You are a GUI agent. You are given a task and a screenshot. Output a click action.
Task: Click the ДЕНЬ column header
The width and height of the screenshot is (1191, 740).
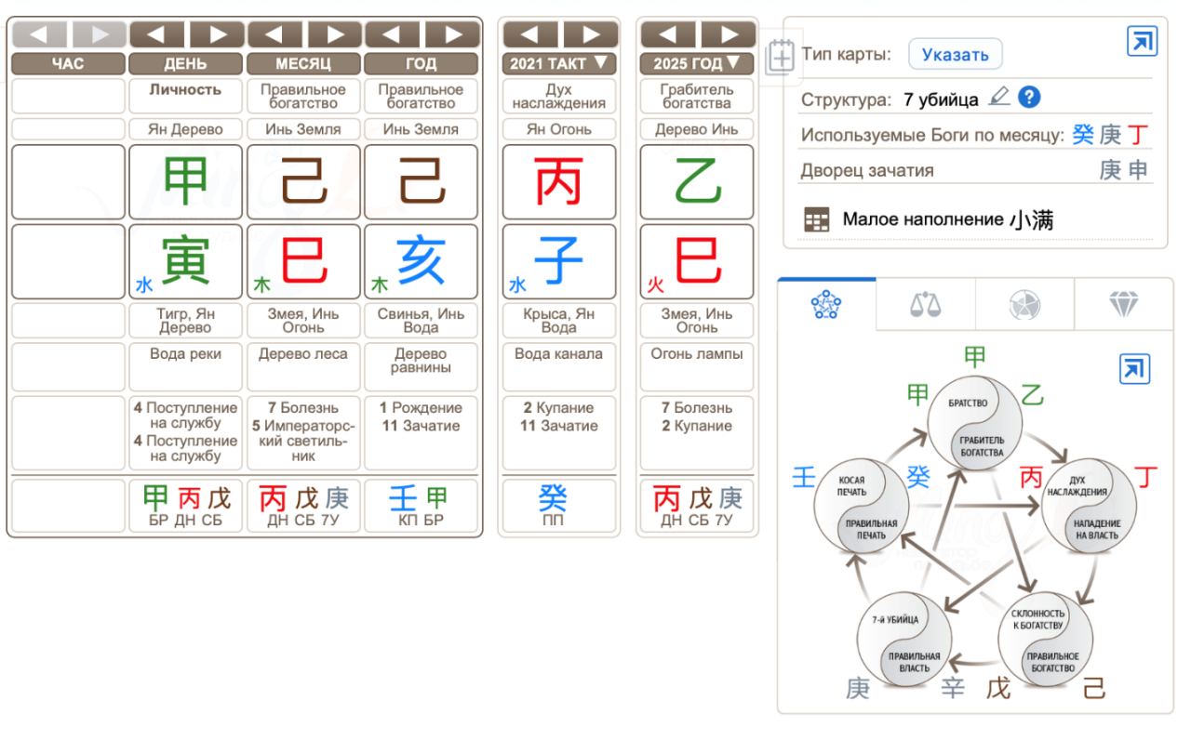pos(185,64)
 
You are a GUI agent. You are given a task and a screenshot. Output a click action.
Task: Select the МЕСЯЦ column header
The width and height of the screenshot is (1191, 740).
pos(303,64)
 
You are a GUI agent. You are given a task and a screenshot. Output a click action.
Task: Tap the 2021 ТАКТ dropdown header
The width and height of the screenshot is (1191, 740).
pos(559,64)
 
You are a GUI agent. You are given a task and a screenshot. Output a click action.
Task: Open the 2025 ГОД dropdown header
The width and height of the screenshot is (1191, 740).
pos(697,64)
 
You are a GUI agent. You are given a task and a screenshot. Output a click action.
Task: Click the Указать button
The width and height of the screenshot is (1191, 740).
pos(955,54)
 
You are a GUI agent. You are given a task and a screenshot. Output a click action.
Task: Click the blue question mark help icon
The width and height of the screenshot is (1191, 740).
pos(1029,98)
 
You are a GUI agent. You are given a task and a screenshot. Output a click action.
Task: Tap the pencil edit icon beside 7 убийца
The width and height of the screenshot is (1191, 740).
pos(999,97)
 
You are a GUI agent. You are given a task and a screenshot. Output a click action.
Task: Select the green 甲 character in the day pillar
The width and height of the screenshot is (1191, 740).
pos(185,181)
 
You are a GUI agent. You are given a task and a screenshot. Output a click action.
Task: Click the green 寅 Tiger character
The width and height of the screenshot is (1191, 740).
pos(185,260)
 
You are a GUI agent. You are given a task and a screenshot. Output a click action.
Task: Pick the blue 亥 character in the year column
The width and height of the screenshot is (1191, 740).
pos(422,260)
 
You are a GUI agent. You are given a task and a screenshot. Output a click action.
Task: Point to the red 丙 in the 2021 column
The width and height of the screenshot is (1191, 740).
pos(559,181)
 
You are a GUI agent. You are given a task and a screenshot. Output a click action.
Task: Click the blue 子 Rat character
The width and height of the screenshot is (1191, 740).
pos(559,260)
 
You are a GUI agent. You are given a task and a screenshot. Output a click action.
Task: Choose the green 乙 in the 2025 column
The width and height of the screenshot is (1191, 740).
pos(697,181)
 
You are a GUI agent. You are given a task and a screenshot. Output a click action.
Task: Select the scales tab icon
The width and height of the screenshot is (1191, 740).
pos(925,304)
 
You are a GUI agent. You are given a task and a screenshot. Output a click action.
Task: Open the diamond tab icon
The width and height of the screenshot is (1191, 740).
pos(1123,304)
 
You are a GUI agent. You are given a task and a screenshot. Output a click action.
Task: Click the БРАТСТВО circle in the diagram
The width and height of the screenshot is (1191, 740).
pos(974,423)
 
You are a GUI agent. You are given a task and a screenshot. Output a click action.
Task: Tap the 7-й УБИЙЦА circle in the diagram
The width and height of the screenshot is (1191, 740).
pos(904,639)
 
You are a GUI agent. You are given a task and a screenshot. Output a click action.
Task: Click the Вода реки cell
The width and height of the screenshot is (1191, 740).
pos(185,366)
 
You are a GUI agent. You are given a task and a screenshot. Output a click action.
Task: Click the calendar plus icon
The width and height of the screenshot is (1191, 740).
pos(780,57)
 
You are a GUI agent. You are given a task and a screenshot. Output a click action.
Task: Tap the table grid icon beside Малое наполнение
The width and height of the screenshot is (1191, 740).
pos(817,219)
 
